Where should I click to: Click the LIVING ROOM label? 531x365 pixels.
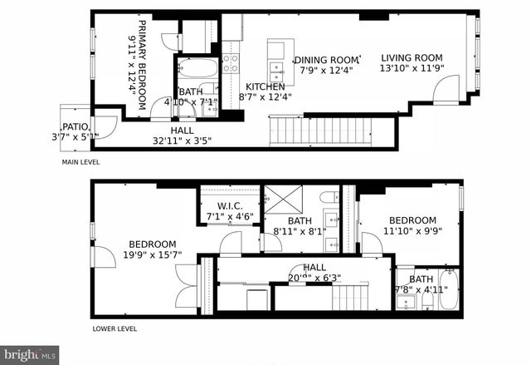412,58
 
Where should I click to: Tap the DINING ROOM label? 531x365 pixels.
327,60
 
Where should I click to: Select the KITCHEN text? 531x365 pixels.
265,86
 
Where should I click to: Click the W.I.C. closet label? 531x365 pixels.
228,206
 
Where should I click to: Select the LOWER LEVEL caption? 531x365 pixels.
114,328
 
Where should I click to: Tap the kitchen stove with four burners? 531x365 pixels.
230,64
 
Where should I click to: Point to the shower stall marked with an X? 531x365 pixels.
282,200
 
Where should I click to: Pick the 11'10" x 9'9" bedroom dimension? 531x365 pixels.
412,233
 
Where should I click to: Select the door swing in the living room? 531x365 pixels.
448,87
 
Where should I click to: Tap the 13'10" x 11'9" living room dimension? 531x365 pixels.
412,70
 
